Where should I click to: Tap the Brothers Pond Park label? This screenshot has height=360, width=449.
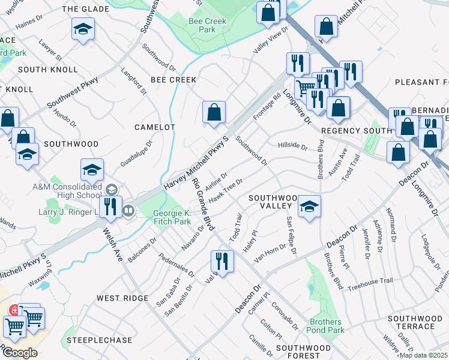(325, 325)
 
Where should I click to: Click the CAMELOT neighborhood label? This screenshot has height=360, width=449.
(154, 127)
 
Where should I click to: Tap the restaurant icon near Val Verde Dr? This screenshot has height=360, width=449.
(222, 262)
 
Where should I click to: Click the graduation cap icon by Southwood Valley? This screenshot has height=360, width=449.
(309, 207)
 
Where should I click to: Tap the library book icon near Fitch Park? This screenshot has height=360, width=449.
(128, 211)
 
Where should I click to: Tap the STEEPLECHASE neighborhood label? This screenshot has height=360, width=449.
(100, 340)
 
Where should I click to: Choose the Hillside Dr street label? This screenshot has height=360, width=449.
(292, 146)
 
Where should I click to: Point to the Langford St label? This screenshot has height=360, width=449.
(134, 82)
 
